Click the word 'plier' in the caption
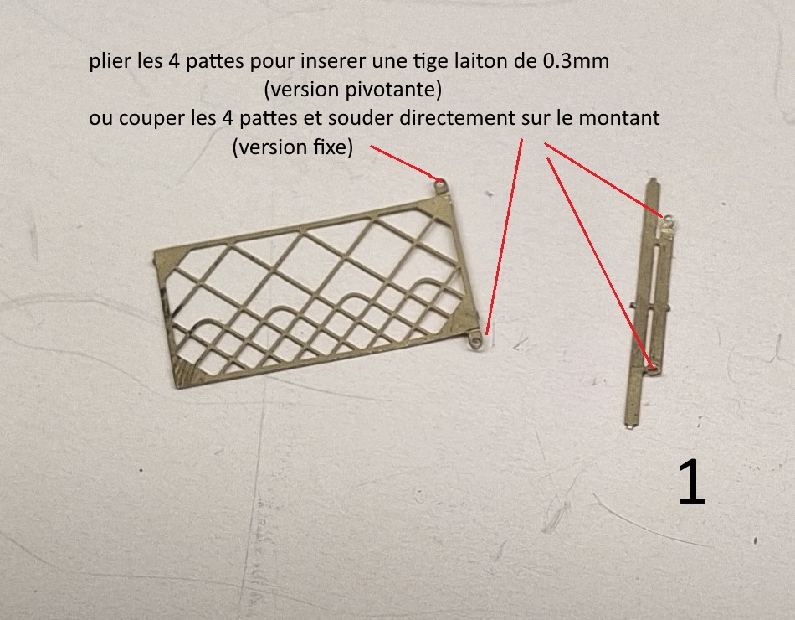pyautogui.click(x=110, y=63)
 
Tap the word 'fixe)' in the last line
pyautogui.click(x=333, y=147)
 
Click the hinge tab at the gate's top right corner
pyautogui.click(x=440, y=183)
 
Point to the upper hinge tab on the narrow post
pyautogui.click(x=668, y=221)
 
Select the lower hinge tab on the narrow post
pyautogui.click(x=654, y=364)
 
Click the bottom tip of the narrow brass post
pyautogui.click(x=629, y=426)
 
